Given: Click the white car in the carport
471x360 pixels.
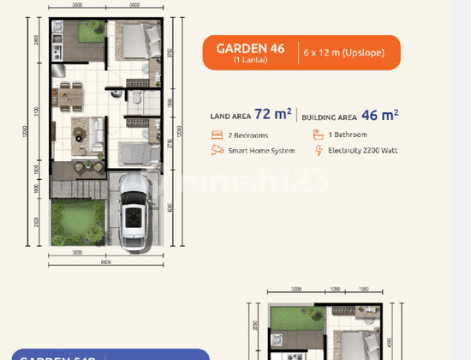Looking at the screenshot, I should click(x=133, y=217).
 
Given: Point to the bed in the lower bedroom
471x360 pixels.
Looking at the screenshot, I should click(x=133, y=155).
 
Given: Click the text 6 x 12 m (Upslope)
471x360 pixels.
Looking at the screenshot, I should click(x=342, y=53).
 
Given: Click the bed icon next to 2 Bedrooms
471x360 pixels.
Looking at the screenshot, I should click(x=215, y=135).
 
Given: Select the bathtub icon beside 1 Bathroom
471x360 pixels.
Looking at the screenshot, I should click(x=319, y=135).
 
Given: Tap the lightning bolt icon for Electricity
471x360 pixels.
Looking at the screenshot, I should click(x=319, y=151).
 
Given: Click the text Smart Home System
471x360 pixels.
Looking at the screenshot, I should click(x=261, y=151).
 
